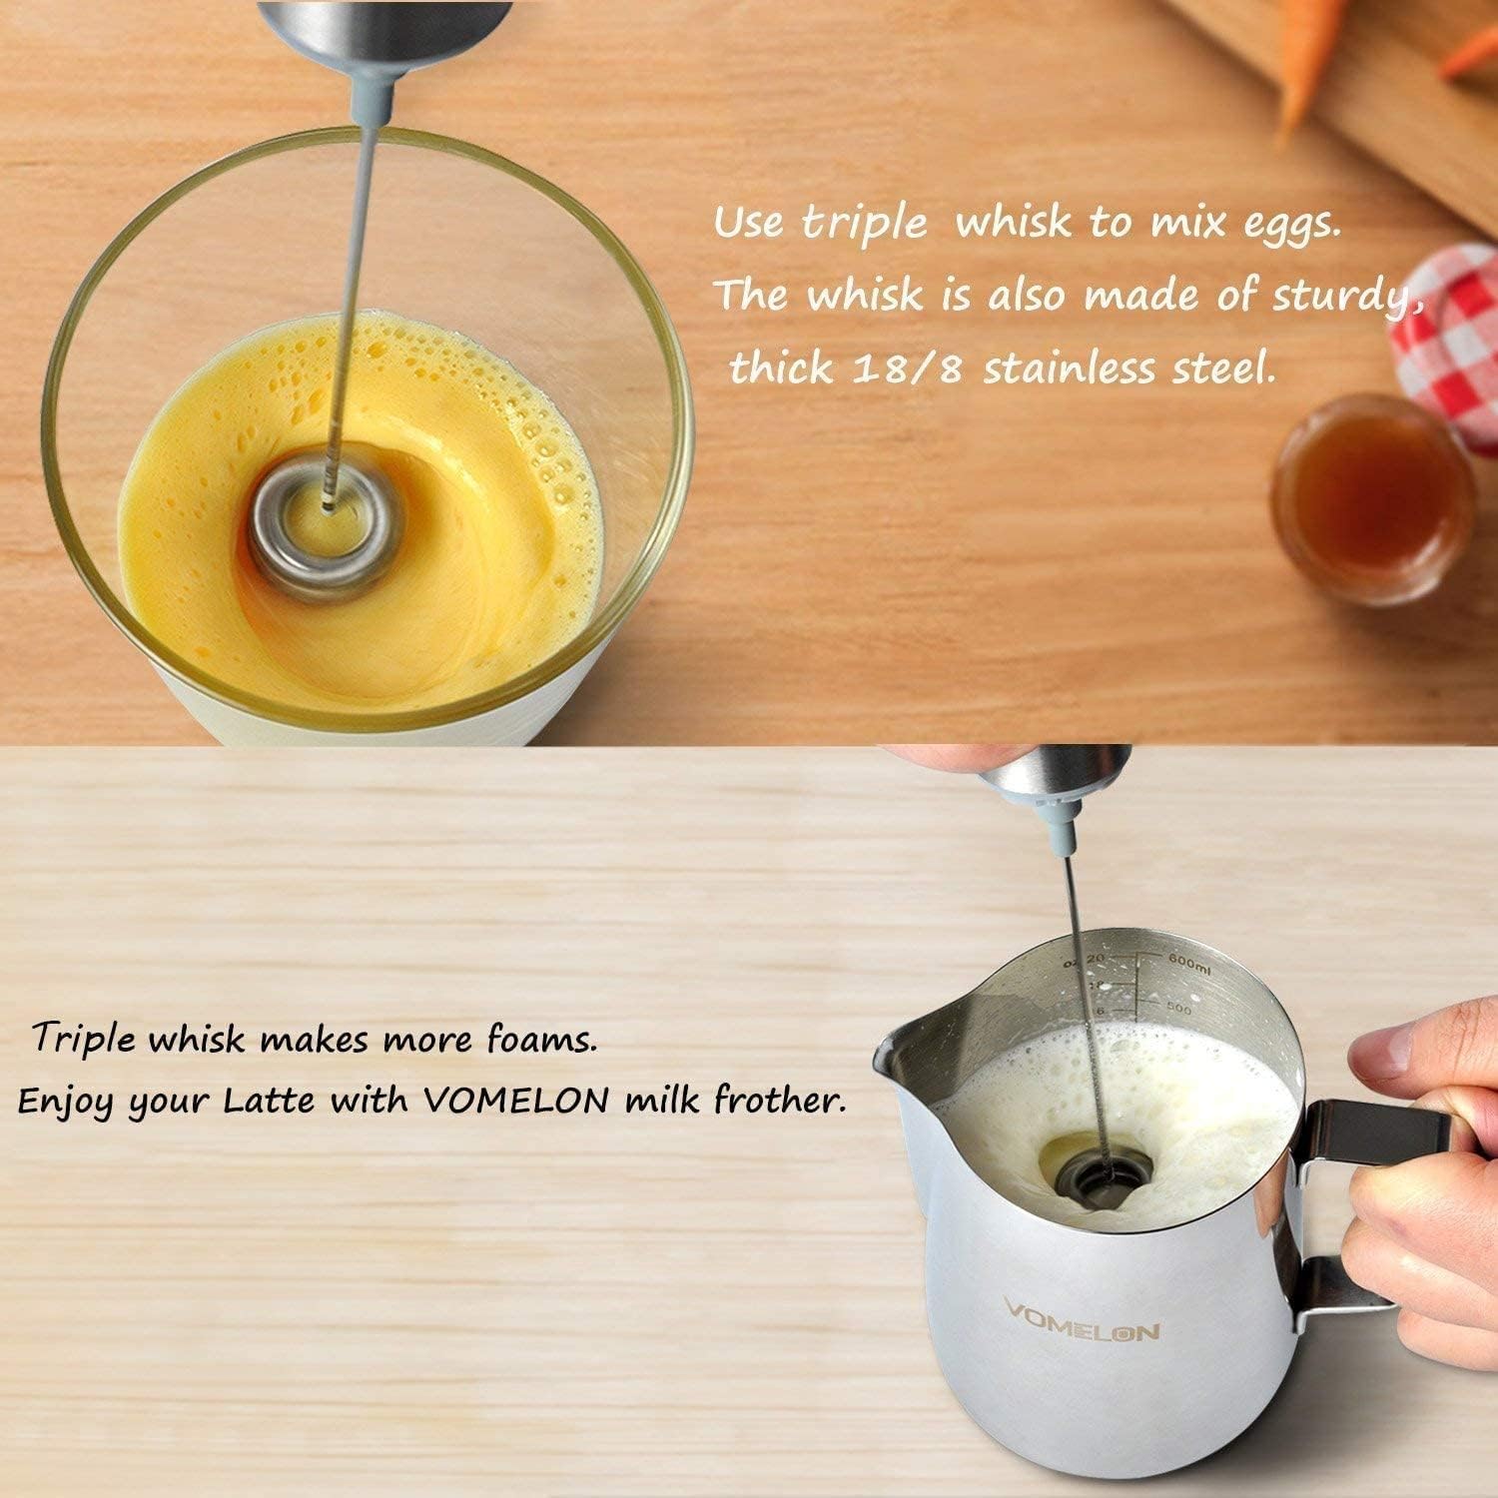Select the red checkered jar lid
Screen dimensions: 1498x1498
coord(1444,315)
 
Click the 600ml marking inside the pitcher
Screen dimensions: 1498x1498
coord(1187,961)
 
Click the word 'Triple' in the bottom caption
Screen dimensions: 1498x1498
coord(83,1040)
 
